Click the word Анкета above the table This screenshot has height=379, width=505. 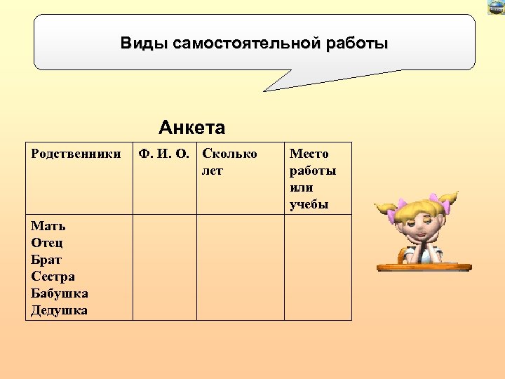tap(191, 128)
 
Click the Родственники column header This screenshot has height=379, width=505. tap(76, 154)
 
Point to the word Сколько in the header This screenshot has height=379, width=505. tap(229, 154)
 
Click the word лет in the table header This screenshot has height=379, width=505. tap(212, 171)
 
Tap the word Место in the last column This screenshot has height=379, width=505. tap(309, 154)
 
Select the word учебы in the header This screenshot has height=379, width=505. tap(309, 205)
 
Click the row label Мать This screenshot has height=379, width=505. tap(48, 226)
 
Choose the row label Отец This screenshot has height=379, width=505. tap(47, 243)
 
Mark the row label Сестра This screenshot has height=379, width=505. tap(53, 277)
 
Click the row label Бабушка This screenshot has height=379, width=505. tap(59, 293)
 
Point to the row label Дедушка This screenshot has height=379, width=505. tap(59, 310)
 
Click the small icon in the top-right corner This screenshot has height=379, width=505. tap(496, 7)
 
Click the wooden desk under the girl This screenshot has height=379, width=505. tap(424, 266)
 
